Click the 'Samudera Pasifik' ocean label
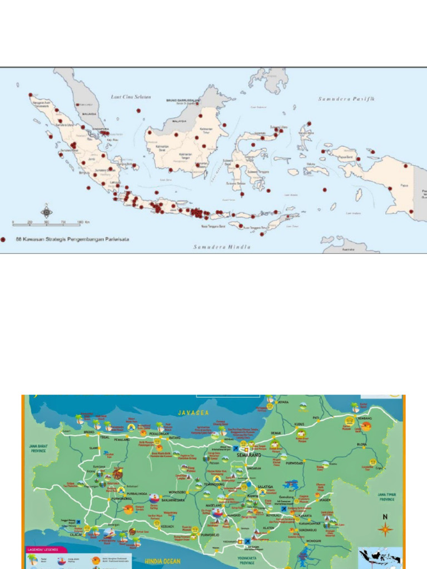click(346, 99)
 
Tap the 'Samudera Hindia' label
click(221, 247)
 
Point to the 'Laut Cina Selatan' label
click(131, 97)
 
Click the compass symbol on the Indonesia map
click(47, 211)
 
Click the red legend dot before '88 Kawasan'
click(4, 239)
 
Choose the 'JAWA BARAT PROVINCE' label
click(39, 448)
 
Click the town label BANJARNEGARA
click(173, 500)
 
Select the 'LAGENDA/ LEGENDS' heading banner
click(43, 550)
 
